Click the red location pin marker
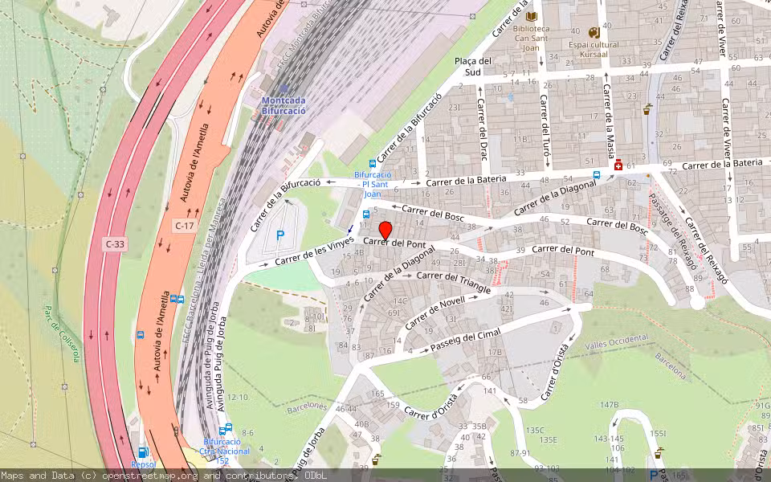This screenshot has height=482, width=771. tap(385, 230)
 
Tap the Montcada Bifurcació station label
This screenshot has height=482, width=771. tap(284, 105)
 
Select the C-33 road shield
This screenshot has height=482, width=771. tap(115, 243)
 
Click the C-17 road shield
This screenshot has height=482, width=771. tap(185, 226)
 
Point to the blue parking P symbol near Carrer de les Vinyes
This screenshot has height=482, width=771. tap(280, 235)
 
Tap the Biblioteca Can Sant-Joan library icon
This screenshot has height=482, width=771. tap(530, 16)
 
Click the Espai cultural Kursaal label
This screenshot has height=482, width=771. tap(594, 45)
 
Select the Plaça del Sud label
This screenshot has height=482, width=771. tap(472, 66)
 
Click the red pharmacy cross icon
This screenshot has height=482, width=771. tap(618, 165)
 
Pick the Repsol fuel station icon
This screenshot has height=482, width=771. tap(142, 453)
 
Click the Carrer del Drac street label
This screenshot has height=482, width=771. tap(483, 128)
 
